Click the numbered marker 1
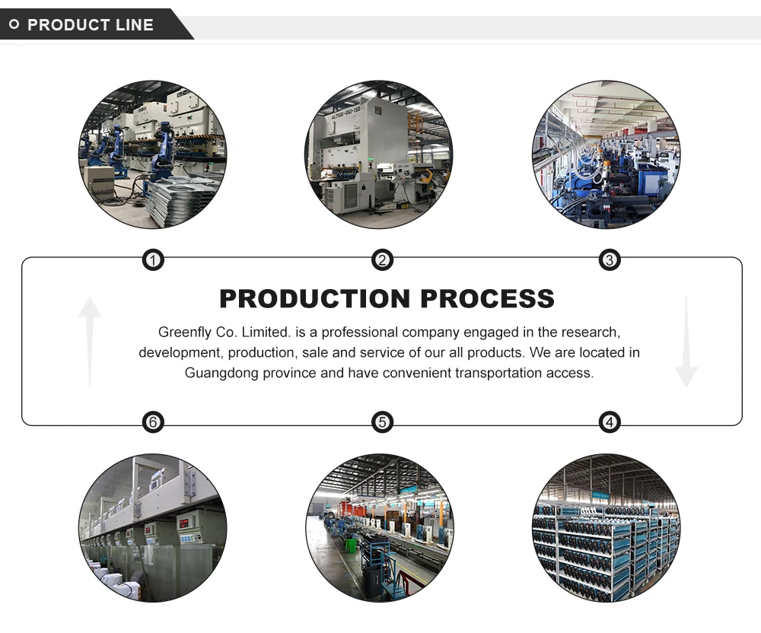tap(154, 261)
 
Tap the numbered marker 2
tap(382, 261)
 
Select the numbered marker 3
tap(609, 261)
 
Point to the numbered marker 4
tap(609, 422)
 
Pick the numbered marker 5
tap(382, 422)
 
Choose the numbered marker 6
tap(154, 422)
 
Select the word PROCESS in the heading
tap(487, 298)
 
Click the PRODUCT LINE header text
tap(90, 25)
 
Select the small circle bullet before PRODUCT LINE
tap(14, 24)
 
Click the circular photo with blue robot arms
tap(153, 154)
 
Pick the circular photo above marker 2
tap(379, 154)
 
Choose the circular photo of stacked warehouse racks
tap(606, 528)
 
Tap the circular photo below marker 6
tap(153, 528)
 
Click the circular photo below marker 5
tap(379, 528)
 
